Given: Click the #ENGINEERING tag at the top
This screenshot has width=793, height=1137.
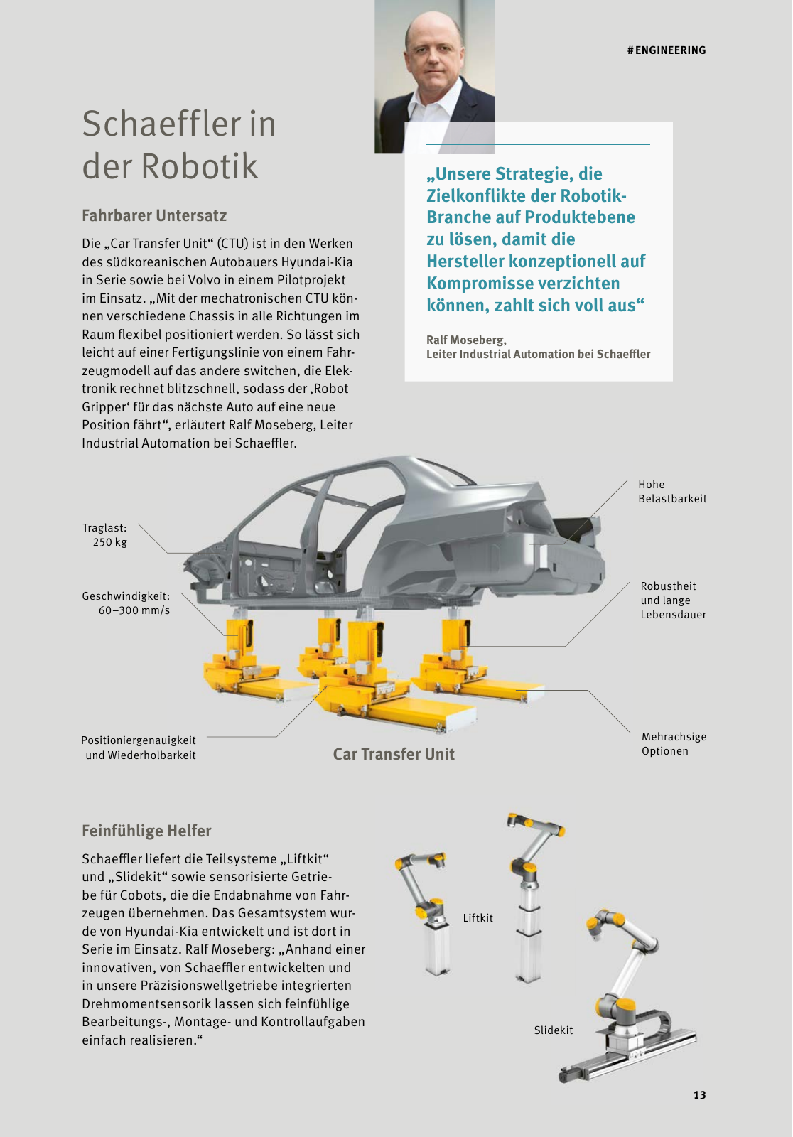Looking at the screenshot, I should point(666,50).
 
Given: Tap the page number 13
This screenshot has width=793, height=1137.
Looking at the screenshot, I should point(699,1095).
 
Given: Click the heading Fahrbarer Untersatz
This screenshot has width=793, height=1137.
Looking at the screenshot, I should point(154,215).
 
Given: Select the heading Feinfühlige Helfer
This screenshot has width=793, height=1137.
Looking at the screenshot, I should point(146,831).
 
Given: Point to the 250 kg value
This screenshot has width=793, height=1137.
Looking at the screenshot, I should point(110,542).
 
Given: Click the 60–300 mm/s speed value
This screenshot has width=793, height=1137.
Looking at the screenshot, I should point(134,610).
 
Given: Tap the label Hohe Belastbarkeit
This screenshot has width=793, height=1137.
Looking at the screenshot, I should point(671,492).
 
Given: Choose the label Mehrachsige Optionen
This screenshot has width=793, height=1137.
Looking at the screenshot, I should point(673,744).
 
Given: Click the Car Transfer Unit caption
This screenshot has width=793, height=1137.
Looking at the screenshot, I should point(394,754).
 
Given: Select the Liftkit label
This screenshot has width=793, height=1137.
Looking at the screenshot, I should point(478,918).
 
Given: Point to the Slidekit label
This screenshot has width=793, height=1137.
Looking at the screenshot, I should point(553,1030).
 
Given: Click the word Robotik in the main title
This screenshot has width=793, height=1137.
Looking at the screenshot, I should point(199,166).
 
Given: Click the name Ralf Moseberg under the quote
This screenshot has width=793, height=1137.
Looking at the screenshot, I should point(465,340).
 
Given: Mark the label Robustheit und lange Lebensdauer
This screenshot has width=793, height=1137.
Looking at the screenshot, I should point(672,600).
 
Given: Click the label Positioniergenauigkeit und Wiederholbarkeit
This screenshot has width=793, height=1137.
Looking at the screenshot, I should point(139,748).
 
